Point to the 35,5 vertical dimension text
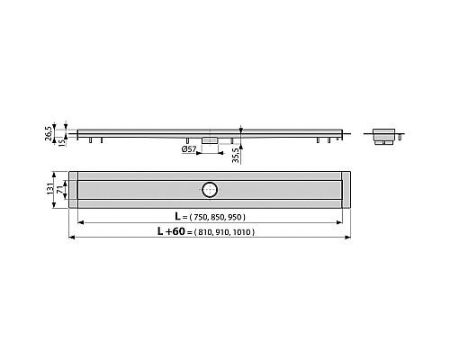(237, 155)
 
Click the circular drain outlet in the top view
(209, 188)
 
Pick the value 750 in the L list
(204, 219)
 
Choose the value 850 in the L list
(222, 219)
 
